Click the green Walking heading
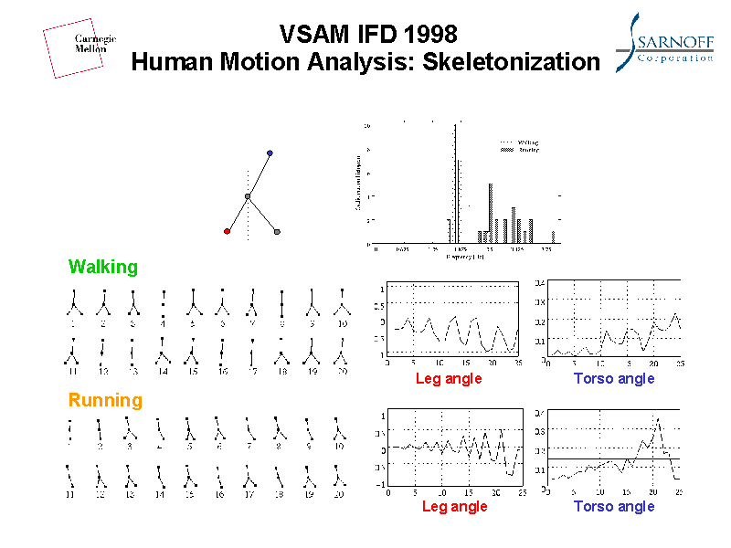coord(103,267)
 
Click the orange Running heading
coord(106,400)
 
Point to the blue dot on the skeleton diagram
coord(270,153)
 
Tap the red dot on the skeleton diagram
coord(227,231)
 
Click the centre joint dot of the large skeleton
coord(248,196)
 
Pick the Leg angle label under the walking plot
coord(448,378)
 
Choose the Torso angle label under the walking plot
coord(614,378)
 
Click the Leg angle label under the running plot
coord(454,506)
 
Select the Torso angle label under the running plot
coord(614,506)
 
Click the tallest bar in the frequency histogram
coord(455,183)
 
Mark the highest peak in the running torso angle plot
coord(657,419)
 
